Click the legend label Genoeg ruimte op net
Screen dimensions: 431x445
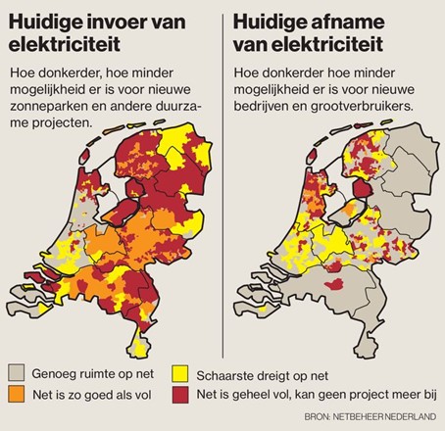click(96, 372)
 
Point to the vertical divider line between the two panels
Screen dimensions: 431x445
click(222, 176)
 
